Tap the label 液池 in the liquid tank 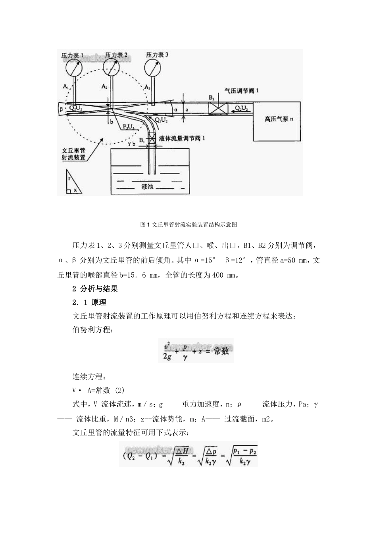tap(147, 186)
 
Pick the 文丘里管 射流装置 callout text tap(74, 154)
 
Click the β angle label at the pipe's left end tap(61, 108)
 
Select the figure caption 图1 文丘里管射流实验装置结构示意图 tap(188, 225)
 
